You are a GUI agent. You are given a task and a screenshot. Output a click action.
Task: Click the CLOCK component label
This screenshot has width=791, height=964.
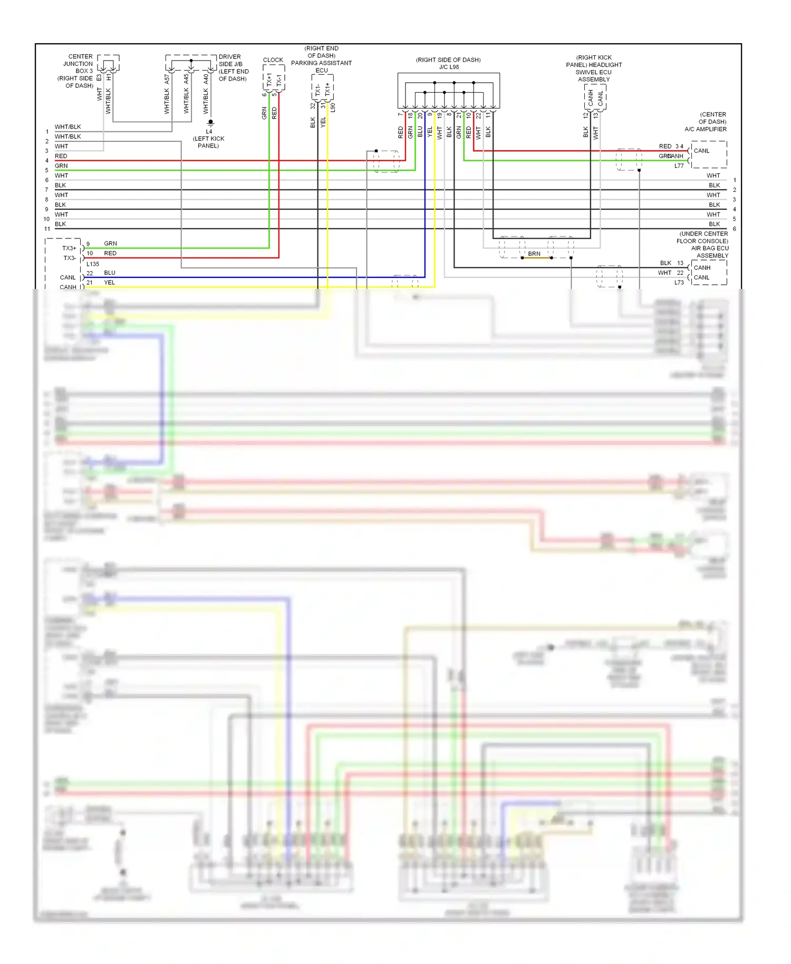[x=273, y=60]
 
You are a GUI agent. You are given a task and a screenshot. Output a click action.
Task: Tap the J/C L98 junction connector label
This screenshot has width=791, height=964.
[x=449, y=67]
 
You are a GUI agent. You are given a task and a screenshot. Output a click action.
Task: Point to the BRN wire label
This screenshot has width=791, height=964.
[x=534, y=254]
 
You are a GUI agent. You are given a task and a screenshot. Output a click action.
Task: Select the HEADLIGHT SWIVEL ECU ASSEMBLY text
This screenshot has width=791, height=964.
[x=594, y=72]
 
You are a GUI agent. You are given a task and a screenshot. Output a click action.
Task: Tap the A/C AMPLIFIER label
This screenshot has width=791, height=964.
[x=705, y=129]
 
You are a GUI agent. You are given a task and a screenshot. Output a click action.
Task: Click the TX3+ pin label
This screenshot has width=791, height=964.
[x=69, y=248]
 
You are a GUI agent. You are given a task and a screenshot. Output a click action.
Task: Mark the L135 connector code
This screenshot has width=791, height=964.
[x=93, y=264]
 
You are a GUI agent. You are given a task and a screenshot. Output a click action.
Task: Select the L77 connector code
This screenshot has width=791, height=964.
[x=679, y=166]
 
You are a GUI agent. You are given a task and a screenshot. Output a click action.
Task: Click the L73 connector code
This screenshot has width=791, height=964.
[x=679, y=283]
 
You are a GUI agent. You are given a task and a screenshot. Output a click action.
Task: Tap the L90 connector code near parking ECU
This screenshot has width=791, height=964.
[x=333, y=108]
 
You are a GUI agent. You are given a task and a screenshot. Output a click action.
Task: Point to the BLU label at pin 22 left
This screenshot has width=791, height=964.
[x=110, y=273]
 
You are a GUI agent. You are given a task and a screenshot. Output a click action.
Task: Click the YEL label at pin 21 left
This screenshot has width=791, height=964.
[x=109, y=283]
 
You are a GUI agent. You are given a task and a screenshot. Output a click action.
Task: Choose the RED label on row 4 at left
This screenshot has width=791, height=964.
[x=61, y=156]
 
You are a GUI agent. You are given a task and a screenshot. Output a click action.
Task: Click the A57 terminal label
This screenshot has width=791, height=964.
[x=167, y=79]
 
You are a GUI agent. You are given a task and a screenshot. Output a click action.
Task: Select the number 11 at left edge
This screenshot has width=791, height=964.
[x=47, y=229]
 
